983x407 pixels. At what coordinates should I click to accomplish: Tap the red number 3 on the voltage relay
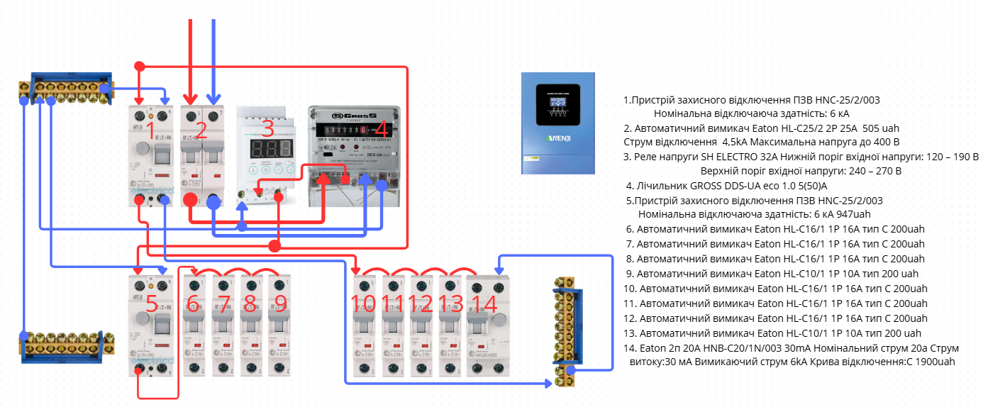(x=267, y=129)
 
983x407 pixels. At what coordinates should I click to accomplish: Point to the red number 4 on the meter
(x=381, y=130)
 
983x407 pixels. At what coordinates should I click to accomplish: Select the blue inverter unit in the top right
(x=557, y=123)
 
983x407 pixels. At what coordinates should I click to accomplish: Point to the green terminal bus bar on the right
(x=567, y=330)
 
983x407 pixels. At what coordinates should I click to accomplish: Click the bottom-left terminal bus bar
(x=66, y=346)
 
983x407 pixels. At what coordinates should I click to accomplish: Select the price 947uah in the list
(x=852, y=214)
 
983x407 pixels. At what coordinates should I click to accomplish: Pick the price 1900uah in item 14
(x=933, y=362)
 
